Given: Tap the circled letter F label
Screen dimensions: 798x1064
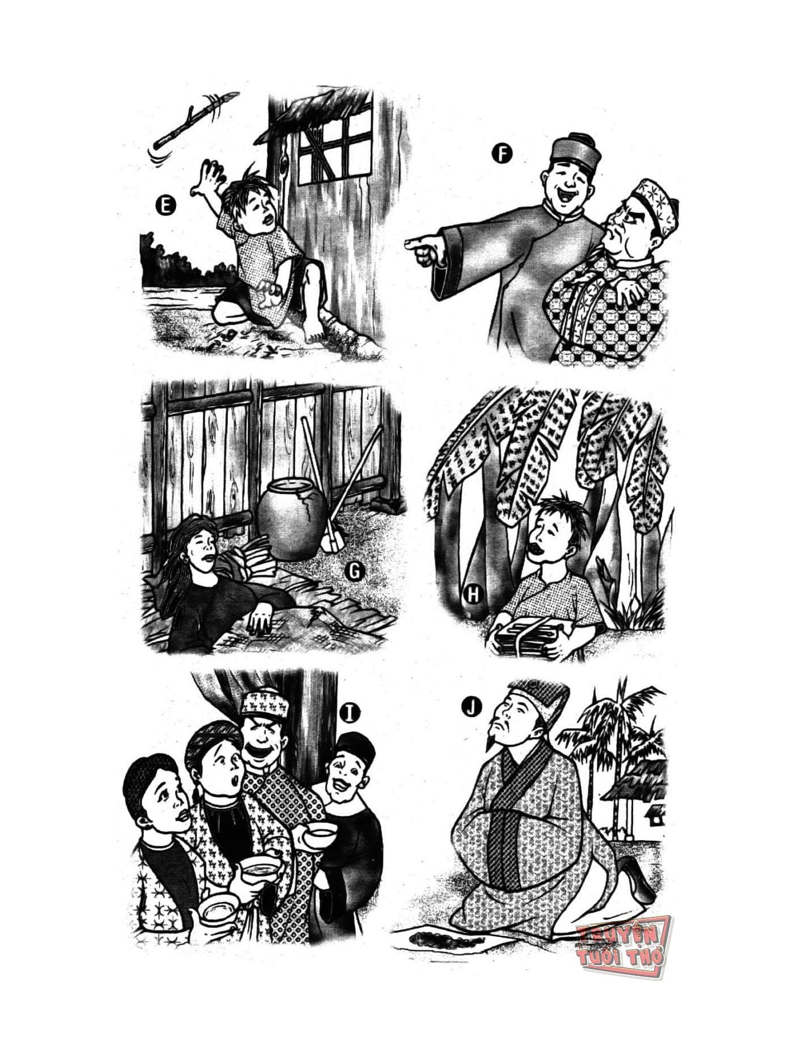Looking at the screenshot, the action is [502, 153].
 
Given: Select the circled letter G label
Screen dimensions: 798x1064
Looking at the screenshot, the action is [354, 572].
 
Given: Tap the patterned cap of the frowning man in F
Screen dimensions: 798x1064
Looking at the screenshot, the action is [654, 205].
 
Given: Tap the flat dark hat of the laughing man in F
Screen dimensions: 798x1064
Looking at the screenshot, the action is [574, 149].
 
